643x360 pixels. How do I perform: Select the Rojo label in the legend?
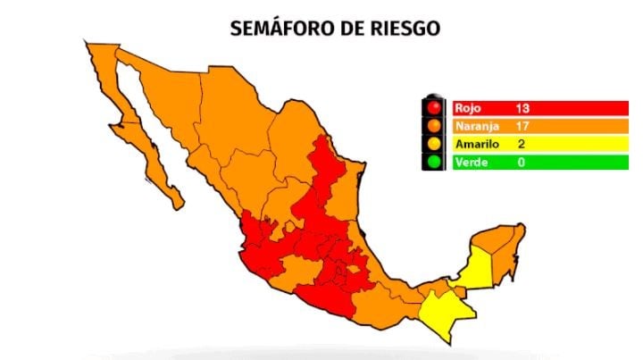[468, 108]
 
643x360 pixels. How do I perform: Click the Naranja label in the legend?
[474, 126]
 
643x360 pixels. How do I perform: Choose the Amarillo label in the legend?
[475, 145]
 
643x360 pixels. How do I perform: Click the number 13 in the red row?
[522, 108]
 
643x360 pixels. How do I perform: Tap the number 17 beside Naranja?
[522, 126]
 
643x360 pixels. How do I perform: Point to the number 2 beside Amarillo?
[521, 145]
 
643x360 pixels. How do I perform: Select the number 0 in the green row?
[521, 163]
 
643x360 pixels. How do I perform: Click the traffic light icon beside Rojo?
[436, 108]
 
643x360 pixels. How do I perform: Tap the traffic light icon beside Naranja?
[436, 126]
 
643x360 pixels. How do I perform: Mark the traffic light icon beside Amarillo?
[436, 145]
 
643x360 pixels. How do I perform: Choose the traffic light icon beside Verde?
[436, 163]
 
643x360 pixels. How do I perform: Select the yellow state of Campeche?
[478, 268]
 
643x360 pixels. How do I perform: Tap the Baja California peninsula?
[134, 125]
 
